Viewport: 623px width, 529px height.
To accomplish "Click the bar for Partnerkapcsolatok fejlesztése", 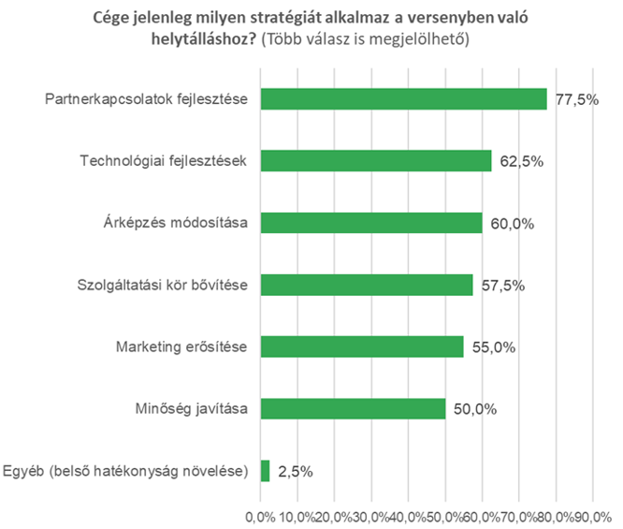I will point(403,98).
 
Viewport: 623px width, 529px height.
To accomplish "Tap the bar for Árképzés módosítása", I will point(371,222).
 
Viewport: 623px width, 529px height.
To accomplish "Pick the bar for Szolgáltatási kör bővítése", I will point(367,285).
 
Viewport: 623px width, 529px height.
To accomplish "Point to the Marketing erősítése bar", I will point(362,346).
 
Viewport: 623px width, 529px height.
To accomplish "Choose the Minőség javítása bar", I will point(353,408).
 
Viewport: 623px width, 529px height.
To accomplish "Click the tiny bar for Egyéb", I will point(265,470).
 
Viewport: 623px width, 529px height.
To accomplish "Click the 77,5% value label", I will point(576,99).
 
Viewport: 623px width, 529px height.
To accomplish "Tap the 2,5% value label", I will point(295,471).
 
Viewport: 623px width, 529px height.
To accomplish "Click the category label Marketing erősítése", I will point(181,346).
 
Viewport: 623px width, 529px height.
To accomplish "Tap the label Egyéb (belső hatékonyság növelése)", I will point(126,470).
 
